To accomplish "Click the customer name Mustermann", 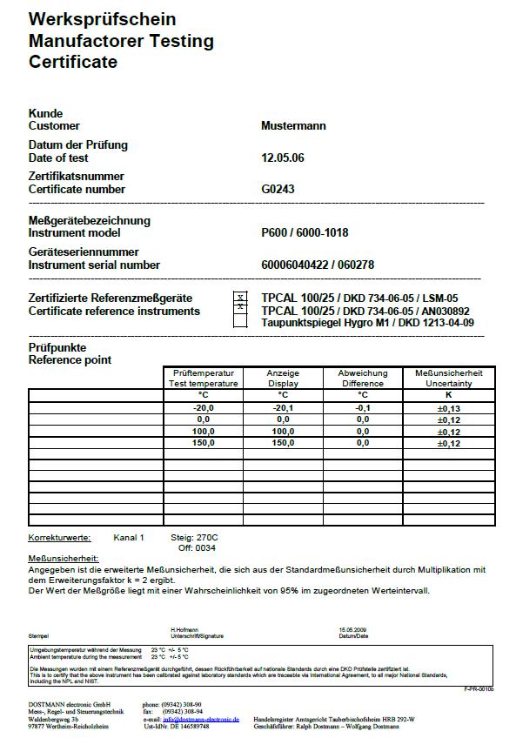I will [293, 126].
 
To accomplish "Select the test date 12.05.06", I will [283, 158].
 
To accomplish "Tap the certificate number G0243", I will [278, 190].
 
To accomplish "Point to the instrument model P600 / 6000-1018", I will [305, 233].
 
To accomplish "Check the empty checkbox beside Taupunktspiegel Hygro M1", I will [240, 322].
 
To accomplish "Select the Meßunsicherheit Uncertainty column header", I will [448, 378].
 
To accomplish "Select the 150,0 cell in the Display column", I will [282, 443].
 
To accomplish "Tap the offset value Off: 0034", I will [197, 548].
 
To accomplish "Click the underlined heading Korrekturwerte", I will [57, 538].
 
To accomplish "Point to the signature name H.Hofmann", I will [184, 629].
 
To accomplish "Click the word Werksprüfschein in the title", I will [102, 19].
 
